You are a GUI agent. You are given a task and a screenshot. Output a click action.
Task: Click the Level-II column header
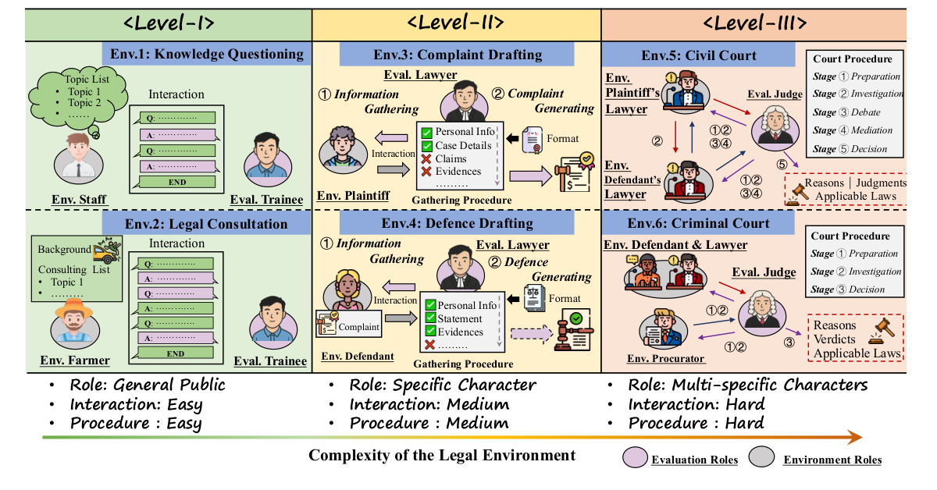click(456, 23)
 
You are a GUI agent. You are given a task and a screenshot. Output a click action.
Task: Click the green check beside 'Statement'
click(429, 318)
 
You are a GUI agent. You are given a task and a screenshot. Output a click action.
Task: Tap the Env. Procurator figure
click(661, 328)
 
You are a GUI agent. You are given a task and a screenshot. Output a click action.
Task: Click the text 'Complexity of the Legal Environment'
click(442, 456)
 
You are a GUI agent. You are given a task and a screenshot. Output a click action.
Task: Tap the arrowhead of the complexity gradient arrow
click(856, 437)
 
